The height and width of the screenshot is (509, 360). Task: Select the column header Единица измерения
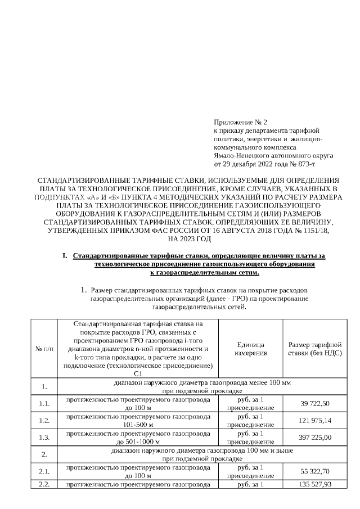(250, 349)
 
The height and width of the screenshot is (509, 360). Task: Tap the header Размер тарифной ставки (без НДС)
(315, 349)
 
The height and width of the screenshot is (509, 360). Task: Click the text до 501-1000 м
(138, 442)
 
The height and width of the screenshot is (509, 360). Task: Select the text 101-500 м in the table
(138, 425)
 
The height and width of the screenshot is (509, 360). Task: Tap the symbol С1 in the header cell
(138, 373)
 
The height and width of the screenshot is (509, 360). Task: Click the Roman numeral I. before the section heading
(65, 256)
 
